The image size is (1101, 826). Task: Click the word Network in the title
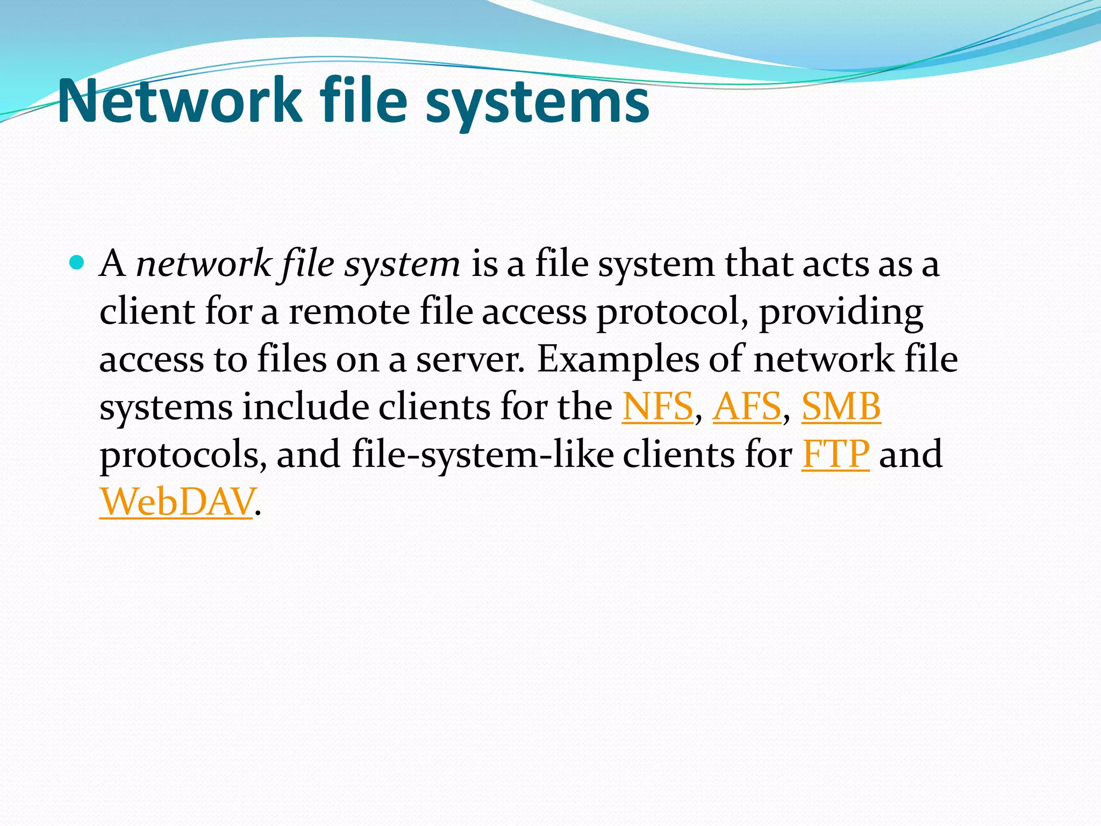click(180, 101)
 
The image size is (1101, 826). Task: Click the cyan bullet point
click(77, 263)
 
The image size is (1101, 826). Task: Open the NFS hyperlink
click(657, 407)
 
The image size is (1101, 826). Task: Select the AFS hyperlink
click(747, 407)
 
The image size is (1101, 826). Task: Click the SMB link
click(841, 407)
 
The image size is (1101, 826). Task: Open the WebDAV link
click(176, 502)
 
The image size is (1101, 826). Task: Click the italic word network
click(204, 264)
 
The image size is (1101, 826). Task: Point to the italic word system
click(402, 265)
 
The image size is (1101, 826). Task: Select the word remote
click(349, 312)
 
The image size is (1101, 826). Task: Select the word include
click(305, 407)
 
